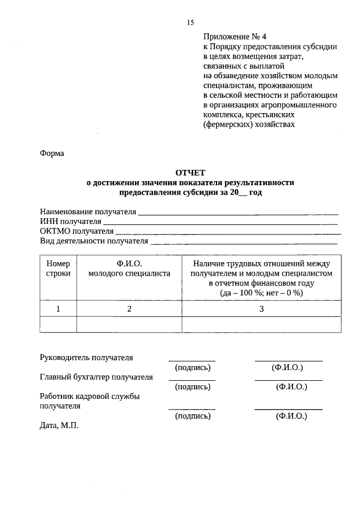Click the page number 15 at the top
click(190, 22)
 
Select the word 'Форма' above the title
click(52, 153)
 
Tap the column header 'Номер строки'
click(58, 268)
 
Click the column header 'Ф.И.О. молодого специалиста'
click(129, 268)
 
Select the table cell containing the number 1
click(58, 309)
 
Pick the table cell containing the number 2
click(129, 309)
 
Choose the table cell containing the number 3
click(262, 309)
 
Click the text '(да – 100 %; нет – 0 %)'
click(262, 293)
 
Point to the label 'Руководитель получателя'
click(87, 357)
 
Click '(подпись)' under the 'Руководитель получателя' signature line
click(193, 367)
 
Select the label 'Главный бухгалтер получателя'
click(96, 377)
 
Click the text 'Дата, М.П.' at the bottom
click(60, 426)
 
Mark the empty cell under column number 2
click(129, 325)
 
